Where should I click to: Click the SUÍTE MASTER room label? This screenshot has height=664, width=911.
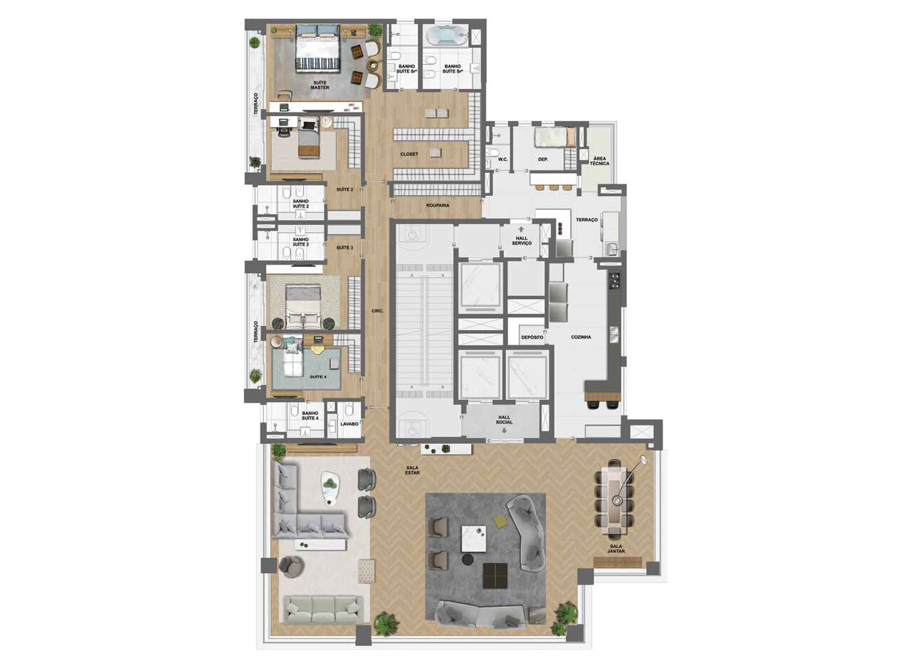[320, 85]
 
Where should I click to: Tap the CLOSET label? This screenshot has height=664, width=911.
[409, 154]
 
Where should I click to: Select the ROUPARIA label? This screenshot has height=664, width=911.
[437, 205]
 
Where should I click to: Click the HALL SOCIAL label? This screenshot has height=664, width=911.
[505, 419]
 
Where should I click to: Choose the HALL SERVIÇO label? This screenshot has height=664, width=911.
[522, 241]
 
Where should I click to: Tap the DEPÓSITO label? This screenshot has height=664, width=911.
[532, 337]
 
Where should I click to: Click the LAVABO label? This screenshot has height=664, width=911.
[349, 423]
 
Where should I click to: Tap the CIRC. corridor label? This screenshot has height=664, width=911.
[378, 311]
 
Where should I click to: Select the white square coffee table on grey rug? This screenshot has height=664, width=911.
[473, 537]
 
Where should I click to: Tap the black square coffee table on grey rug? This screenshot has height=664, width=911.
[495, 575]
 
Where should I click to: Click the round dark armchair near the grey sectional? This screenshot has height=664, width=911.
[290, 566]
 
